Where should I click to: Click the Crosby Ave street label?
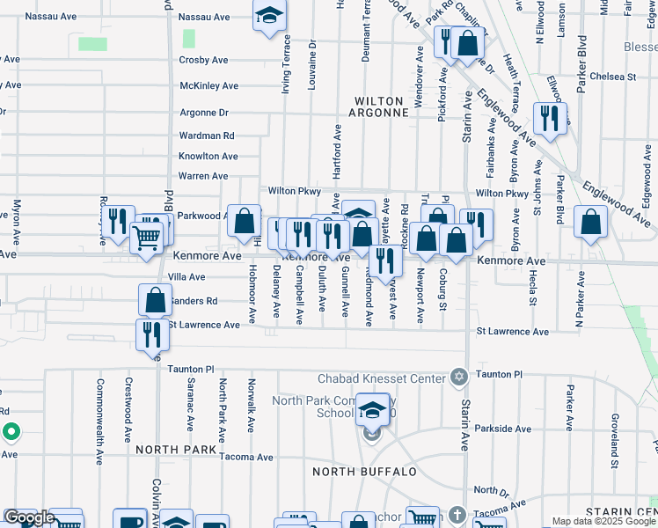point(203,61)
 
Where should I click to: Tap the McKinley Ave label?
point(208,86)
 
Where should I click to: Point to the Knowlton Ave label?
point(208,157)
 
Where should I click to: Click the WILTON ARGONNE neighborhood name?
point(382,106)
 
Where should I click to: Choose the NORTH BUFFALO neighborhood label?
point(365,472)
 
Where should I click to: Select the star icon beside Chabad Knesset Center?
point(458,378)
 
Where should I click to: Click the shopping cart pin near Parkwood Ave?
point(146,236)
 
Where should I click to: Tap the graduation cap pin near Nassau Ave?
point(270,15)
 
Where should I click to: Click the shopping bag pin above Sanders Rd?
point(155,299)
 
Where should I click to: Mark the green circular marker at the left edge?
point(11,433)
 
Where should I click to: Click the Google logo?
point(28,517)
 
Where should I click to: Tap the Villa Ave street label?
point(186,276)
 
